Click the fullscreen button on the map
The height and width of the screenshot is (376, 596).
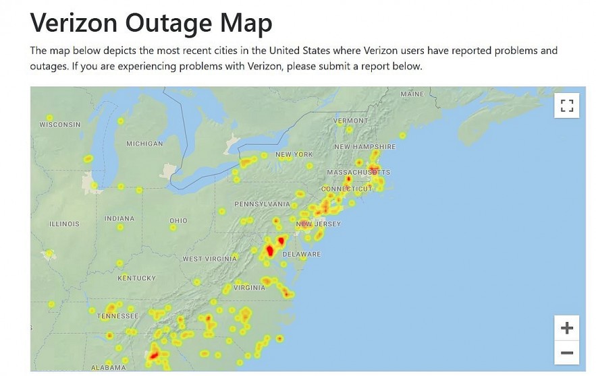567,106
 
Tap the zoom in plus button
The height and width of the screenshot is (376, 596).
567,328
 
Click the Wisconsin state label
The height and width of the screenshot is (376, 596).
60,125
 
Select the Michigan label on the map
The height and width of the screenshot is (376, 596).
144,144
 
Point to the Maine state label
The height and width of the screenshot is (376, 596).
412,94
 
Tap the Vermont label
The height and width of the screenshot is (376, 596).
351,121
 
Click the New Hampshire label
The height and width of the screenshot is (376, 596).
365,147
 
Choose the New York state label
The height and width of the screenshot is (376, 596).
294,155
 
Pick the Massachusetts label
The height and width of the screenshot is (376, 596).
358,173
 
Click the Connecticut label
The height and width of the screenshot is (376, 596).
346,189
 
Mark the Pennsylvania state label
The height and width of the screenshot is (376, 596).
262,203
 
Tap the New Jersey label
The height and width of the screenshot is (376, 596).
319,224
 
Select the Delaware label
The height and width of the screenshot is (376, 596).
301,254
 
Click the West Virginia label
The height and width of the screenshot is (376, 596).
210,259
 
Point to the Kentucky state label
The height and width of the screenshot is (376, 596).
136,278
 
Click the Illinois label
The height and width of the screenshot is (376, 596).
64,224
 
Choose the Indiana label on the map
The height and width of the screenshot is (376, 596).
119,219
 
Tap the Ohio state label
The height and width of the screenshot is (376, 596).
179,221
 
